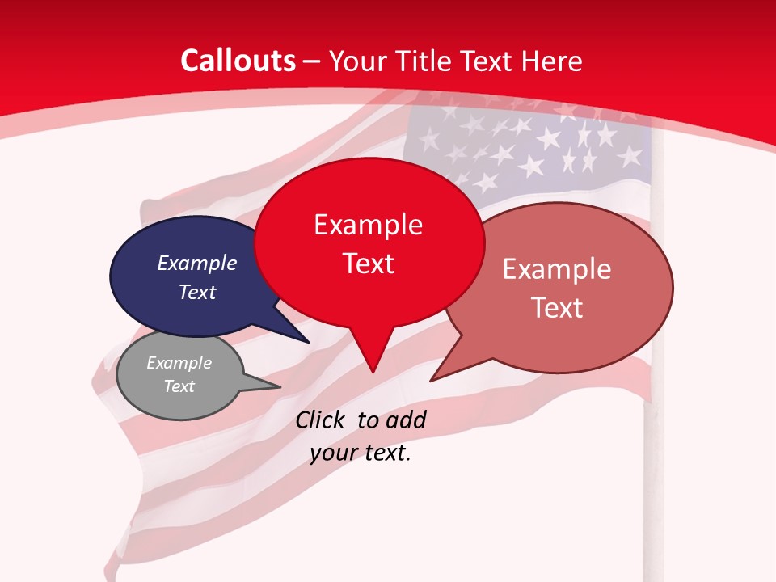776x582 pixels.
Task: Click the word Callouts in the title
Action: (238, 61)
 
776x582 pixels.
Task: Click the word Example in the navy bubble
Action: (197, 263)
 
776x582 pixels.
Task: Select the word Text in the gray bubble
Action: (179, 386)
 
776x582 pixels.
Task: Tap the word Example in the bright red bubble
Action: (369, 225)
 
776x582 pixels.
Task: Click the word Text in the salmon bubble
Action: (558, 307)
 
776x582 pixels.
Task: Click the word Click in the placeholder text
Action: (319, 420)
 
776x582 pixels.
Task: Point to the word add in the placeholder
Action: (405, 420)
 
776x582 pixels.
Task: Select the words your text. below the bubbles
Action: (361, 453)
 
